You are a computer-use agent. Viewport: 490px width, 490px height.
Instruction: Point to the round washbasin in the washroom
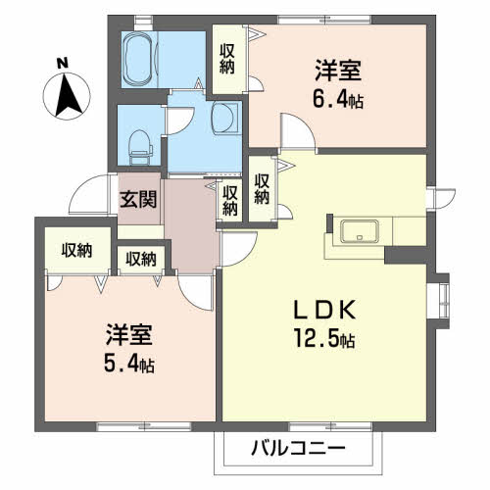click(x=223, y=120)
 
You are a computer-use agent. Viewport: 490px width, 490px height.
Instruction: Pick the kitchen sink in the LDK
click(x=357, y=232)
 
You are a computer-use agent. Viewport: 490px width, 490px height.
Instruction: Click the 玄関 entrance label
click(x=137, y=199)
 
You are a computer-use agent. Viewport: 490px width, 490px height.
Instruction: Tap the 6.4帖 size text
click(x=338, y=99)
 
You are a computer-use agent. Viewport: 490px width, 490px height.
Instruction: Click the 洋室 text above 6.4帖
click(x=338, y=72)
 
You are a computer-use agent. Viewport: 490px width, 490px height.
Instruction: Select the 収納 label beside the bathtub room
click(x=226, y=59)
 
